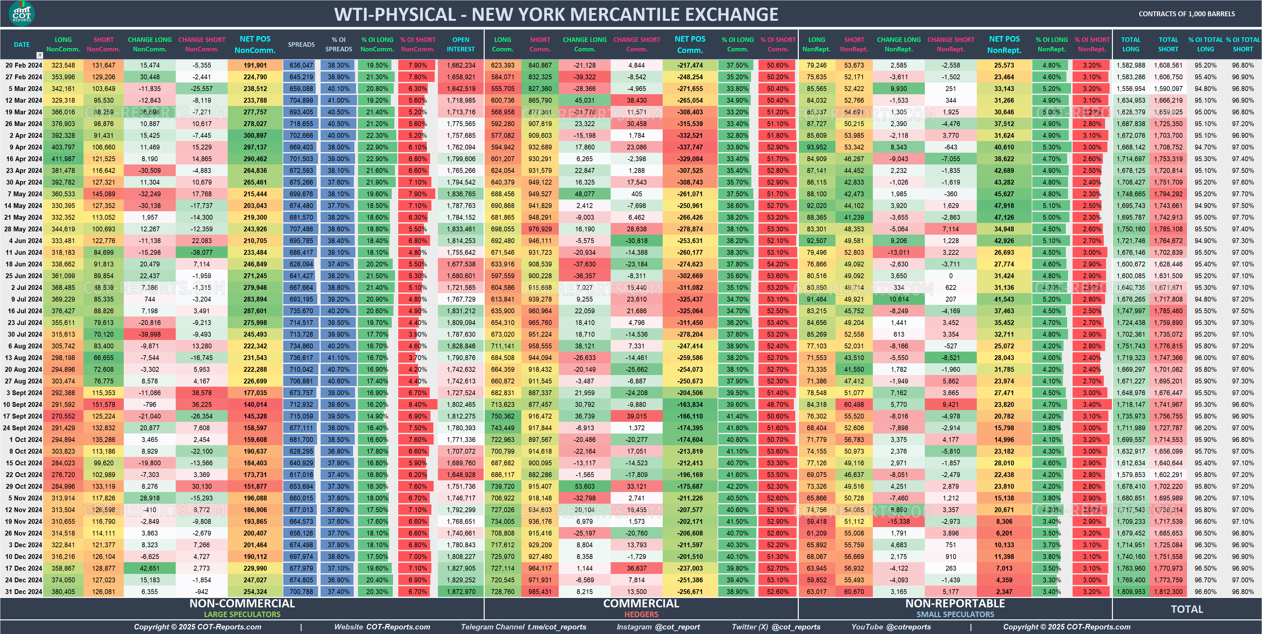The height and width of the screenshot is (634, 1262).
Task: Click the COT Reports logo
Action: [x=21, y=13]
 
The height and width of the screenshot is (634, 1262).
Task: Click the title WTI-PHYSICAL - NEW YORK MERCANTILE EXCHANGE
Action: [x=556, y=15]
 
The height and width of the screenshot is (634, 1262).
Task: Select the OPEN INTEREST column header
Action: [x=461, y=44]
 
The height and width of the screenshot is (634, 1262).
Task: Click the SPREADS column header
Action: [x=301, y=45]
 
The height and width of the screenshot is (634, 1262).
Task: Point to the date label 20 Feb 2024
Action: [x=23, y=65]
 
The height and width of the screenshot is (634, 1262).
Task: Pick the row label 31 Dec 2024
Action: [x=23, y=591]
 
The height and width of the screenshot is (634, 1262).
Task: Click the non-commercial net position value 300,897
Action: [x=255, y=135]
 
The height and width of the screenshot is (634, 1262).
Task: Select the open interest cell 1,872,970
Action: [x=461, y=591]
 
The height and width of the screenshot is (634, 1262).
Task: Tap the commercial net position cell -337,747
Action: [x=690, y=147]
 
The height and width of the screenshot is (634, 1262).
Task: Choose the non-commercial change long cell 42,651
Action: [x=149, y=568]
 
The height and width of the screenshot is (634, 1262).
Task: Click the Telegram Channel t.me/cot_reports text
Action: [x=523, y=627]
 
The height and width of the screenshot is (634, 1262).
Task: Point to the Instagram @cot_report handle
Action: [x=658, y=627]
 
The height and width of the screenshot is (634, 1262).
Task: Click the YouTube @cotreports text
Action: [x=891, y=627]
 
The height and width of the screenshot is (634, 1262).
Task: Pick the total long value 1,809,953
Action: [x=1131, y=591]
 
